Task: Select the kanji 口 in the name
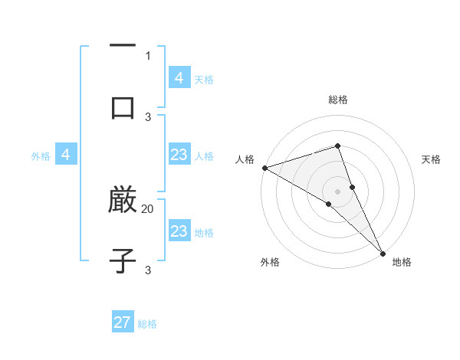[123, 108]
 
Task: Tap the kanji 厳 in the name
[123, 201]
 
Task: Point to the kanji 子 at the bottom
[123, 262]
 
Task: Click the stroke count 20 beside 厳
[148, 208]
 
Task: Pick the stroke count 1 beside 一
[148, 55]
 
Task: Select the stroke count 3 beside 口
[148, 116]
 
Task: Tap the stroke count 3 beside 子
[148, 270]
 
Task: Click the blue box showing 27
[123, 322]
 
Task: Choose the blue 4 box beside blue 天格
[179, 78]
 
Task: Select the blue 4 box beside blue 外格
[66, 155]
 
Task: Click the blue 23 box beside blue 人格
[179, 155]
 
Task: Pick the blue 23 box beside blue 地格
[179, 231]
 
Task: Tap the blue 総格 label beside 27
[147, 324]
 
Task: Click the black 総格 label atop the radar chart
[337, 100]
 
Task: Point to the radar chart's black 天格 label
[431, 159]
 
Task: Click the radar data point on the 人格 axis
[264, 167]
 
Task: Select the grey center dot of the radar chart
[337, 191]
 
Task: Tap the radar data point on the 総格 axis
[337, 146]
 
